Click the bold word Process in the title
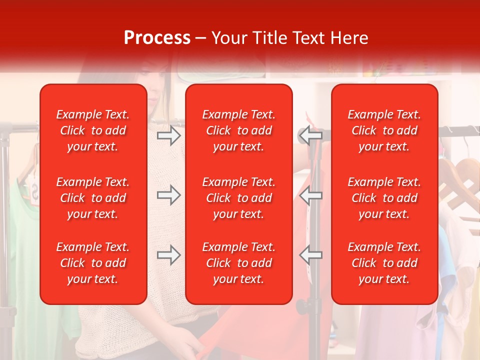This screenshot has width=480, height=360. (x=157, y=38)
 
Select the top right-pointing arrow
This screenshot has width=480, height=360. (x=168, y=135)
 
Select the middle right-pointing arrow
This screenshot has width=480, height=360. (x=168, y=195)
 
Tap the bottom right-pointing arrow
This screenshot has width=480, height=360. (x=168, y=255)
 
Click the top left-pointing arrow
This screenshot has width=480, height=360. (x=310, y=135)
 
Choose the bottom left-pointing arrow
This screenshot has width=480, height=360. (x=310, y=255)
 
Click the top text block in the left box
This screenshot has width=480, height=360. (x=93, y=130)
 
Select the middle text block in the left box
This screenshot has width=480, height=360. (x=93, y=198)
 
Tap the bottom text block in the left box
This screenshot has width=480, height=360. (x=93, y=263)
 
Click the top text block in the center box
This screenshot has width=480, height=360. (x=239, y=130)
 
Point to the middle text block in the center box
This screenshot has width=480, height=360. (x=239, y=198)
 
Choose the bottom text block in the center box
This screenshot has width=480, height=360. (x=239, y=263)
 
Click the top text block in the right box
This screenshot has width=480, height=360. (x=384, y=130)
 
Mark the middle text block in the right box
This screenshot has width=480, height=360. (x=384, y=198)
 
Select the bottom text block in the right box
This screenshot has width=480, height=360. (x=384, y=263)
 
